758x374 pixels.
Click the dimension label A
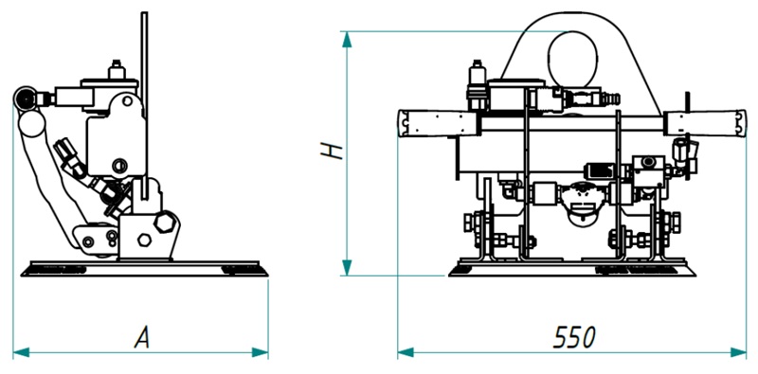(x=141, y=337)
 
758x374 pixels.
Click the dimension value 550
(x=574, y=337)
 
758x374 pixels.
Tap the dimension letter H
(x=332, y=151)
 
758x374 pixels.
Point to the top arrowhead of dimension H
(x=347, y=40)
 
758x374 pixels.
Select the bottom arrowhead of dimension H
(x=347, y=267)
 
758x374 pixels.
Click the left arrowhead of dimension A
(x=21, y=352)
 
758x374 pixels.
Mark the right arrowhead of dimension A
(x=260, y=352)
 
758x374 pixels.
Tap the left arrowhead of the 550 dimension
(x=406, y=352)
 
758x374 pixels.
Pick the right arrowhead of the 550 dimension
(x=739, y=352)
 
